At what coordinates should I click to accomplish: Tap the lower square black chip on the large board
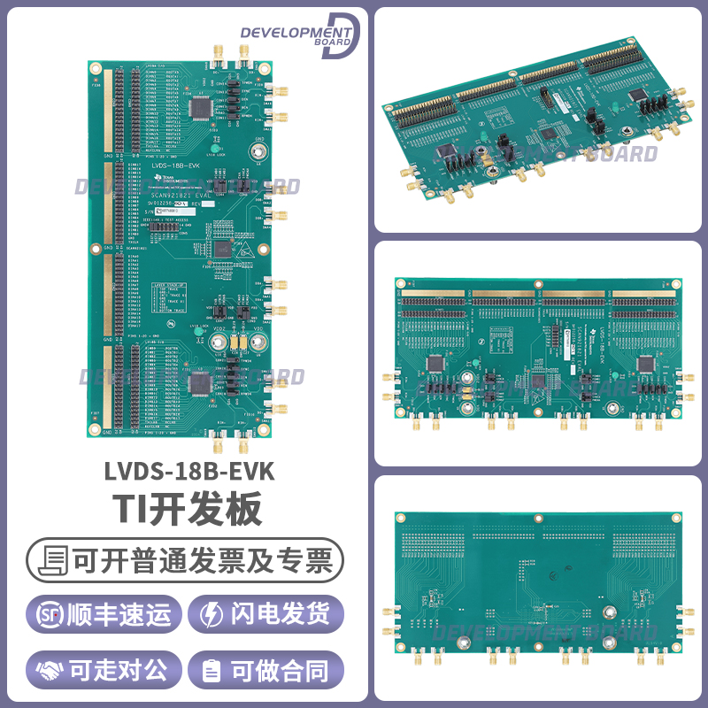[x=201, y=382]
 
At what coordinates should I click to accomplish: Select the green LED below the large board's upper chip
[x=212, y=142]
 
